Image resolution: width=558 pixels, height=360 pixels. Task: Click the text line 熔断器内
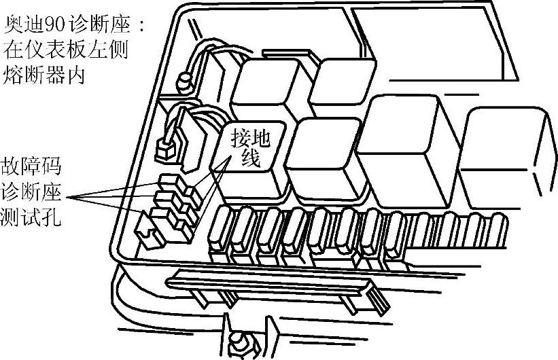coord(45,73)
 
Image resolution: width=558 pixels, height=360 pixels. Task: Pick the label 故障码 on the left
coord(31,167)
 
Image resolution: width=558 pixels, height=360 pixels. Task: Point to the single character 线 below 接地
coord(243,158)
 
